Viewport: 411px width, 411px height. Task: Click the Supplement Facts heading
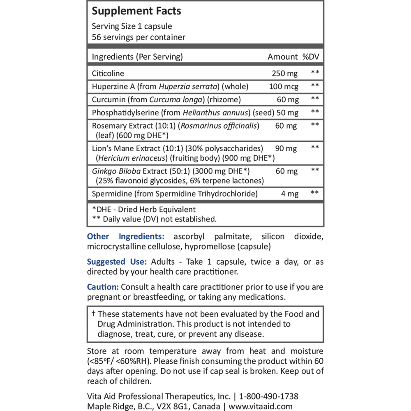pos(136,11)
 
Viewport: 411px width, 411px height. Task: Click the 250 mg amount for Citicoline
pos(285,74)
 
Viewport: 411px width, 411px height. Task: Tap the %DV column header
pos(311,57)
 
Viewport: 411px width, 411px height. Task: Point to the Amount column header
pos(282,57)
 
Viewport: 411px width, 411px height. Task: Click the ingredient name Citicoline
pos(108,74)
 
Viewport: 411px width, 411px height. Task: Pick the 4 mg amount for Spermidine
pos(289,194)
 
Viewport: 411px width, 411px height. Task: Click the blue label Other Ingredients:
pos(126,236)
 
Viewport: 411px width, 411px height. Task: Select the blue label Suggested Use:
pos(116,262)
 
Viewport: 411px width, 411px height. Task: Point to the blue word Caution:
pos(103,287)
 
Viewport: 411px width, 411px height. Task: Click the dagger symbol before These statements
pos(93,314)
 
